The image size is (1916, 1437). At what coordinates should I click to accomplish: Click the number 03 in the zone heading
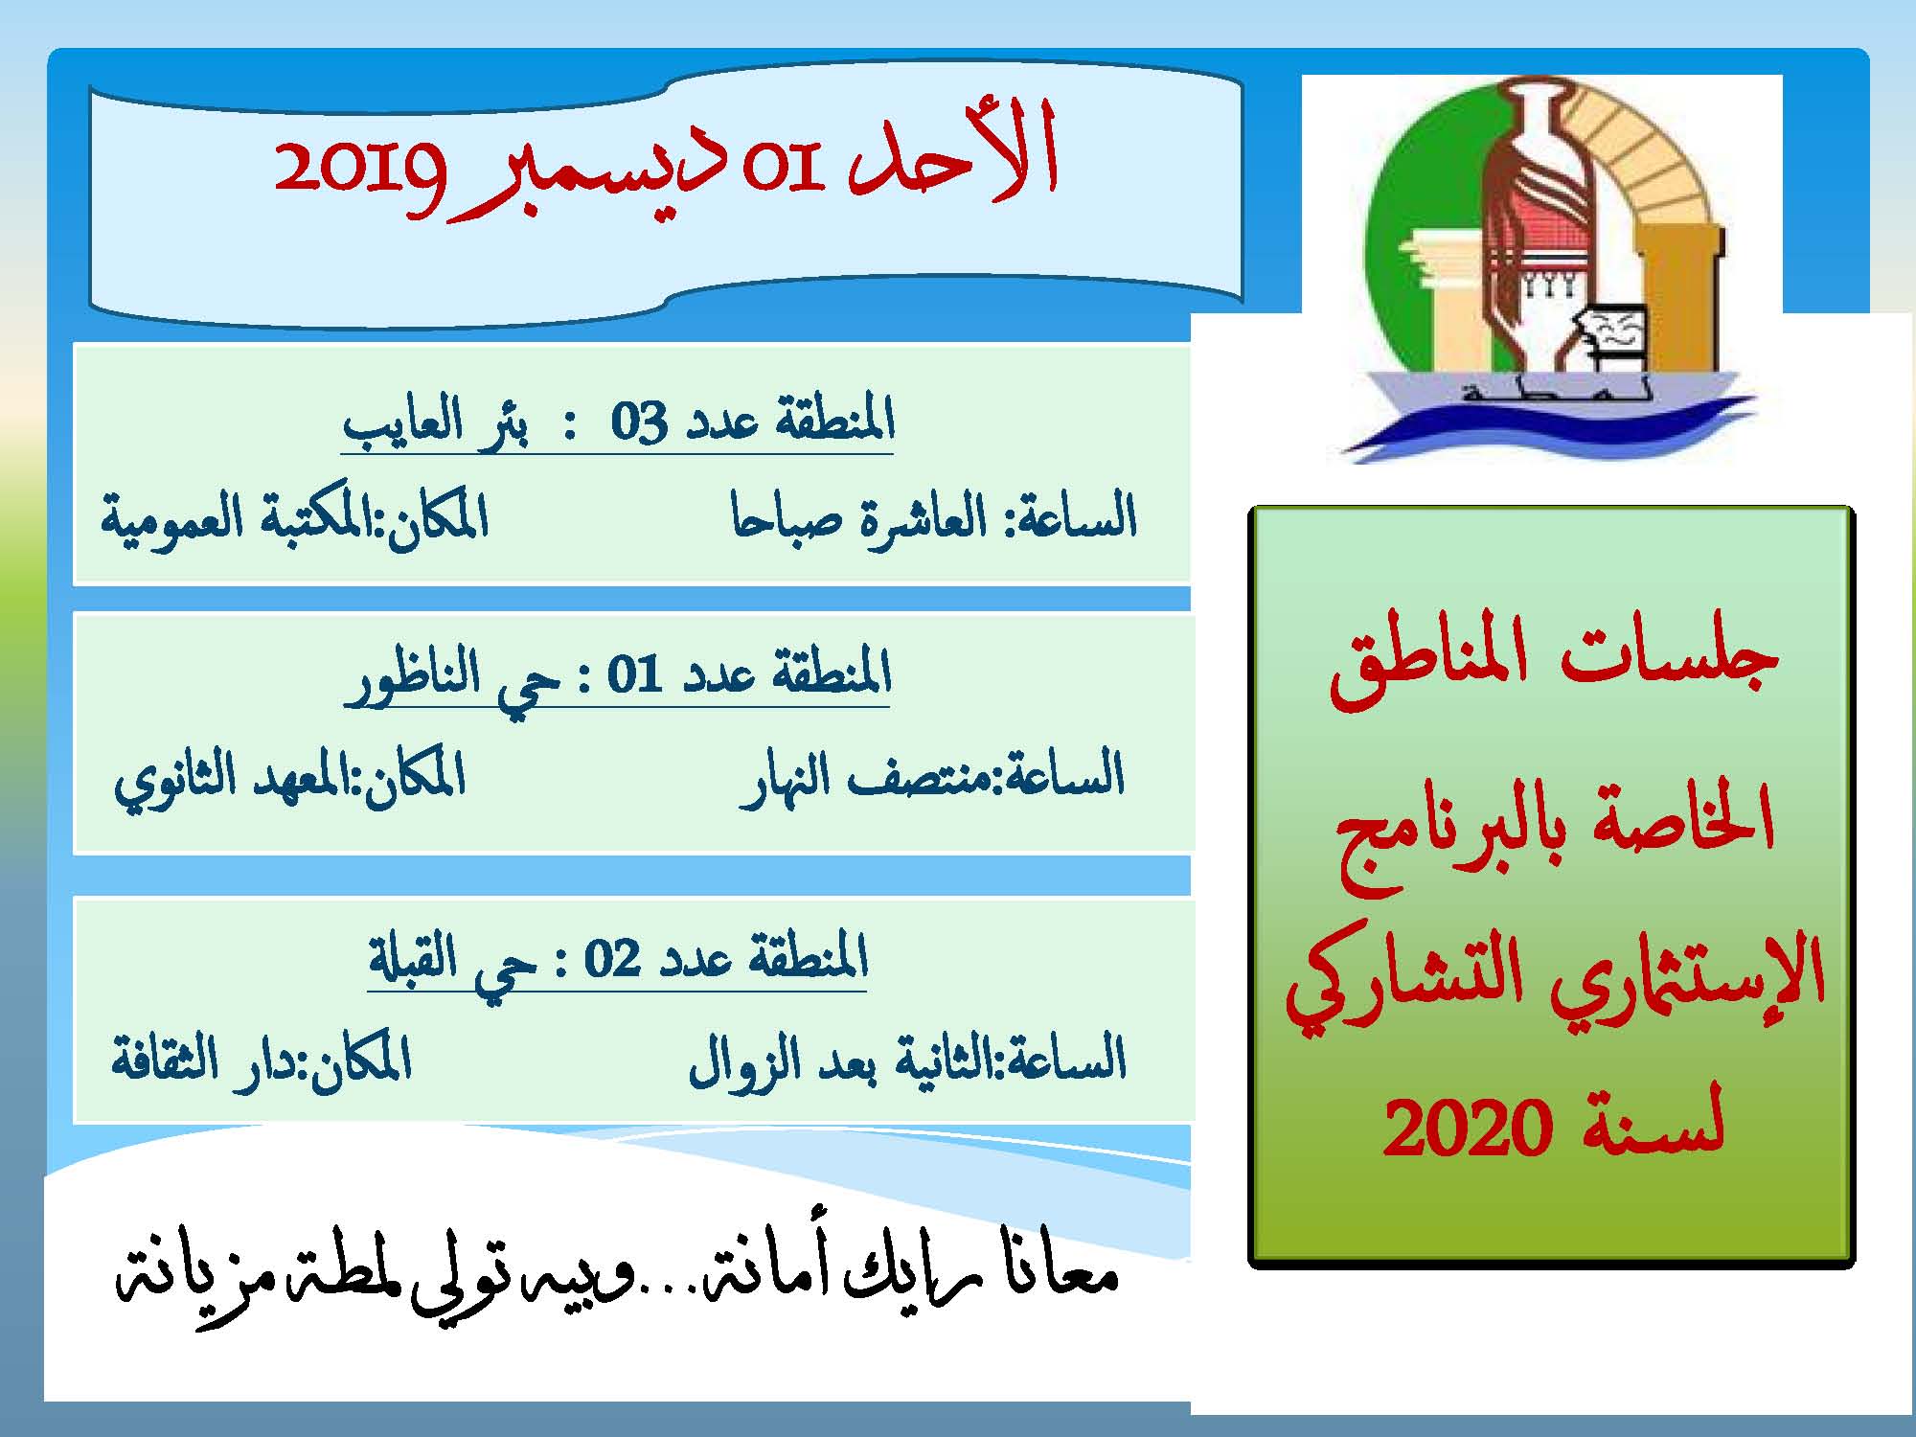tap(639, 422)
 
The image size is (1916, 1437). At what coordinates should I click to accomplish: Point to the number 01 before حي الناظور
tap(635, 675)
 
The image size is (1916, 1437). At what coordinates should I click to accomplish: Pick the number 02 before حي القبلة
tap(612, 958)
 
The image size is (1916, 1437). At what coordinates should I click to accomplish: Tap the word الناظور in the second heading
tap(413, 675)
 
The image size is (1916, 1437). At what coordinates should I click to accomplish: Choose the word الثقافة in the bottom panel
tap(153, 1059)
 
